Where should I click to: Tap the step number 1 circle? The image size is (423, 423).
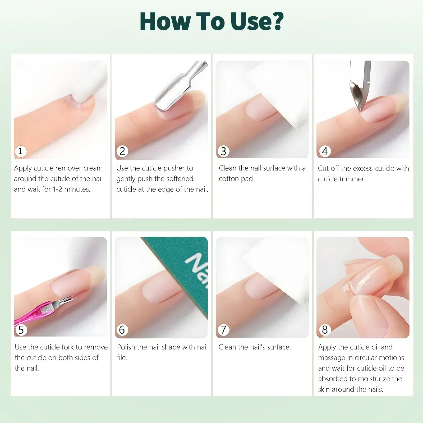tap(20, 151)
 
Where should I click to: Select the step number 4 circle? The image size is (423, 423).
tap(325, 151)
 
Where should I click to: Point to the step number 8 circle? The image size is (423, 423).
tap(325, 330)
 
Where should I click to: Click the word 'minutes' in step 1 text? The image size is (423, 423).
tap(77, 189)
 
